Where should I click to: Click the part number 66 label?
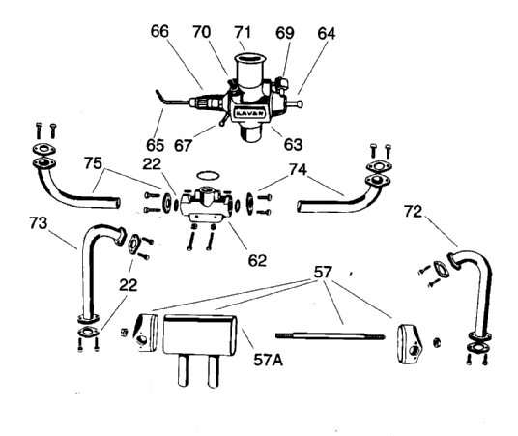coord(159,31)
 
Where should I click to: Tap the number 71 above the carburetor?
coord(243,32)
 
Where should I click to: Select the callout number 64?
coord(327,34)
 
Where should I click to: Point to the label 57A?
coord(269,360)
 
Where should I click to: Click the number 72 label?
coord(413,212)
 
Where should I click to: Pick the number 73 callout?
coord(39,222)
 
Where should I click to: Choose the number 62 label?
coord(257,260)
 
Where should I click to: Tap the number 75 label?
coord(93,163)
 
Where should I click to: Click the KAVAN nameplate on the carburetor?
coord(249,113)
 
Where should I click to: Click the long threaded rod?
coord(331,335)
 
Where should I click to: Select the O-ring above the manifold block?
coord(208,175)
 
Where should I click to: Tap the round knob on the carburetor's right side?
coord(299,104)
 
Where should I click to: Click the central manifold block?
coord(206,203)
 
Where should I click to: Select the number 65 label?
coord(156,145)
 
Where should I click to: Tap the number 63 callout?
coord(293,144)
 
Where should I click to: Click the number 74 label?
coord(298,169)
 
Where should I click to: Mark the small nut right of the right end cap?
coord(437,342)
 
